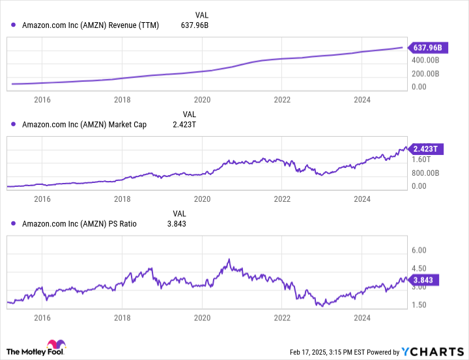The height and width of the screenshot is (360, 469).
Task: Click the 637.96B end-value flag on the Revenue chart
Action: pos(428,48)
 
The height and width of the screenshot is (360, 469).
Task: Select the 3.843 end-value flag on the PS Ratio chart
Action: pos(427,280)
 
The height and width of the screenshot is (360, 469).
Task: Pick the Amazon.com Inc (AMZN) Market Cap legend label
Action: pos(81,124)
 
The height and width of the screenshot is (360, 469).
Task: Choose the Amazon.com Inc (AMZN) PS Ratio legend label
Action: pos(79,223)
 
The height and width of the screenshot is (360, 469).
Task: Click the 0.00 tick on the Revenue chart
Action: pos(419,87)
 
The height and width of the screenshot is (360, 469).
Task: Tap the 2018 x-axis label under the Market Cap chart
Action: pos(122,199)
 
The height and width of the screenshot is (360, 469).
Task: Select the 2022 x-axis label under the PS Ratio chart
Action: pos(282,318)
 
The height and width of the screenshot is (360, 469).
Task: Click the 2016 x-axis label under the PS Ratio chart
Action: pos(42,318)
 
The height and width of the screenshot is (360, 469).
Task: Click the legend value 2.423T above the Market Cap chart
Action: pos(183,124)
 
